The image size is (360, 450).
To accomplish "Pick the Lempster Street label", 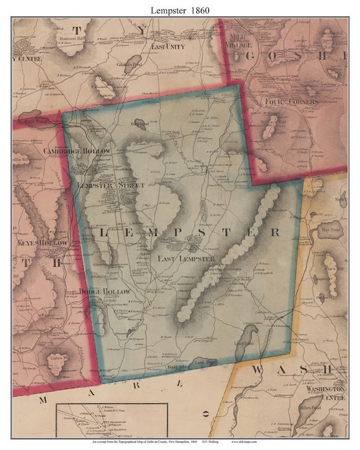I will coord(111,186).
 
